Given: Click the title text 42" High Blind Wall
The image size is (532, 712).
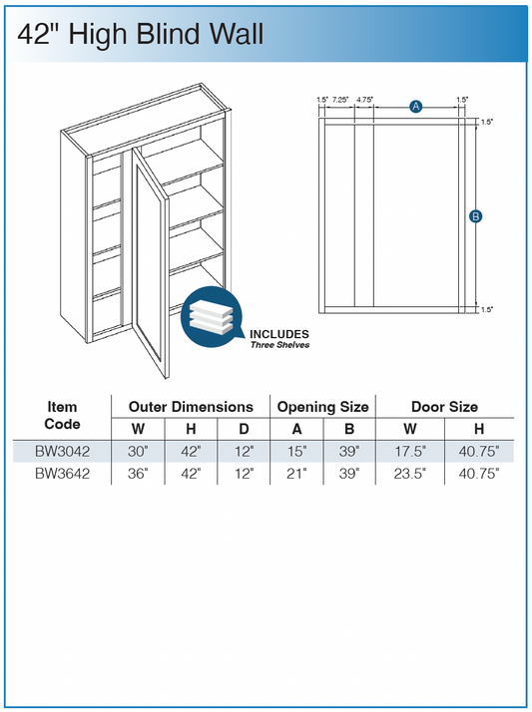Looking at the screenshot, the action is click(x=141, y=35).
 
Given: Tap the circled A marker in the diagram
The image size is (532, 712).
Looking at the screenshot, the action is click(x=415, y=107).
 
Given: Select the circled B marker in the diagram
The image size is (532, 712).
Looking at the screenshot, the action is click(x=476, y=216).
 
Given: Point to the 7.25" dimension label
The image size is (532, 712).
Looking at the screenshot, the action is click(x=340, y=100).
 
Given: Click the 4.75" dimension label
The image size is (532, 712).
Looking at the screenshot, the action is click(x=364, y=100).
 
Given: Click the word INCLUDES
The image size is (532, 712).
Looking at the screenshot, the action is click(x=278, y=334).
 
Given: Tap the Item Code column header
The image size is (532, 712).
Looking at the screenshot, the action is click(x=62, y=416).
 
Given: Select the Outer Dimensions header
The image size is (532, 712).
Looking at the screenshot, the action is click(x=191, y=407).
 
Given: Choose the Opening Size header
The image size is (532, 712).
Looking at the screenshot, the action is click(x=322, y=407).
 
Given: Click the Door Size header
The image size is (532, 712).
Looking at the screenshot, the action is click(x=444, y=407).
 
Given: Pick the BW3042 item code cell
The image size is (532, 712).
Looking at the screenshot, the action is click(x=62, y=452).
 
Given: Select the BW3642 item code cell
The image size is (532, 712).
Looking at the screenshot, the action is click(x=62, y=474).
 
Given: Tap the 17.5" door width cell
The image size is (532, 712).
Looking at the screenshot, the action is click(x=410, y=452).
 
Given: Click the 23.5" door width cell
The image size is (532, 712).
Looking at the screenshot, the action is click(x=410, y=474).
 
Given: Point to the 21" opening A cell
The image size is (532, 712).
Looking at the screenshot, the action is click(x=296, y=474).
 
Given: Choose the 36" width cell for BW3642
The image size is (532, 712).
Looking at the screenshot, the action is click(x=138, y=474).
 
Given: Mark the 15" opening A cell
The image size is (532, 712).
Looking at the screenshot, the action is click(x=296, y=452).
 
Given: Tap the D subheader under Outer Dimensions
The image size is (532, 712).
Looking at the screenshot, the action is click(x=244, y=429).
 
